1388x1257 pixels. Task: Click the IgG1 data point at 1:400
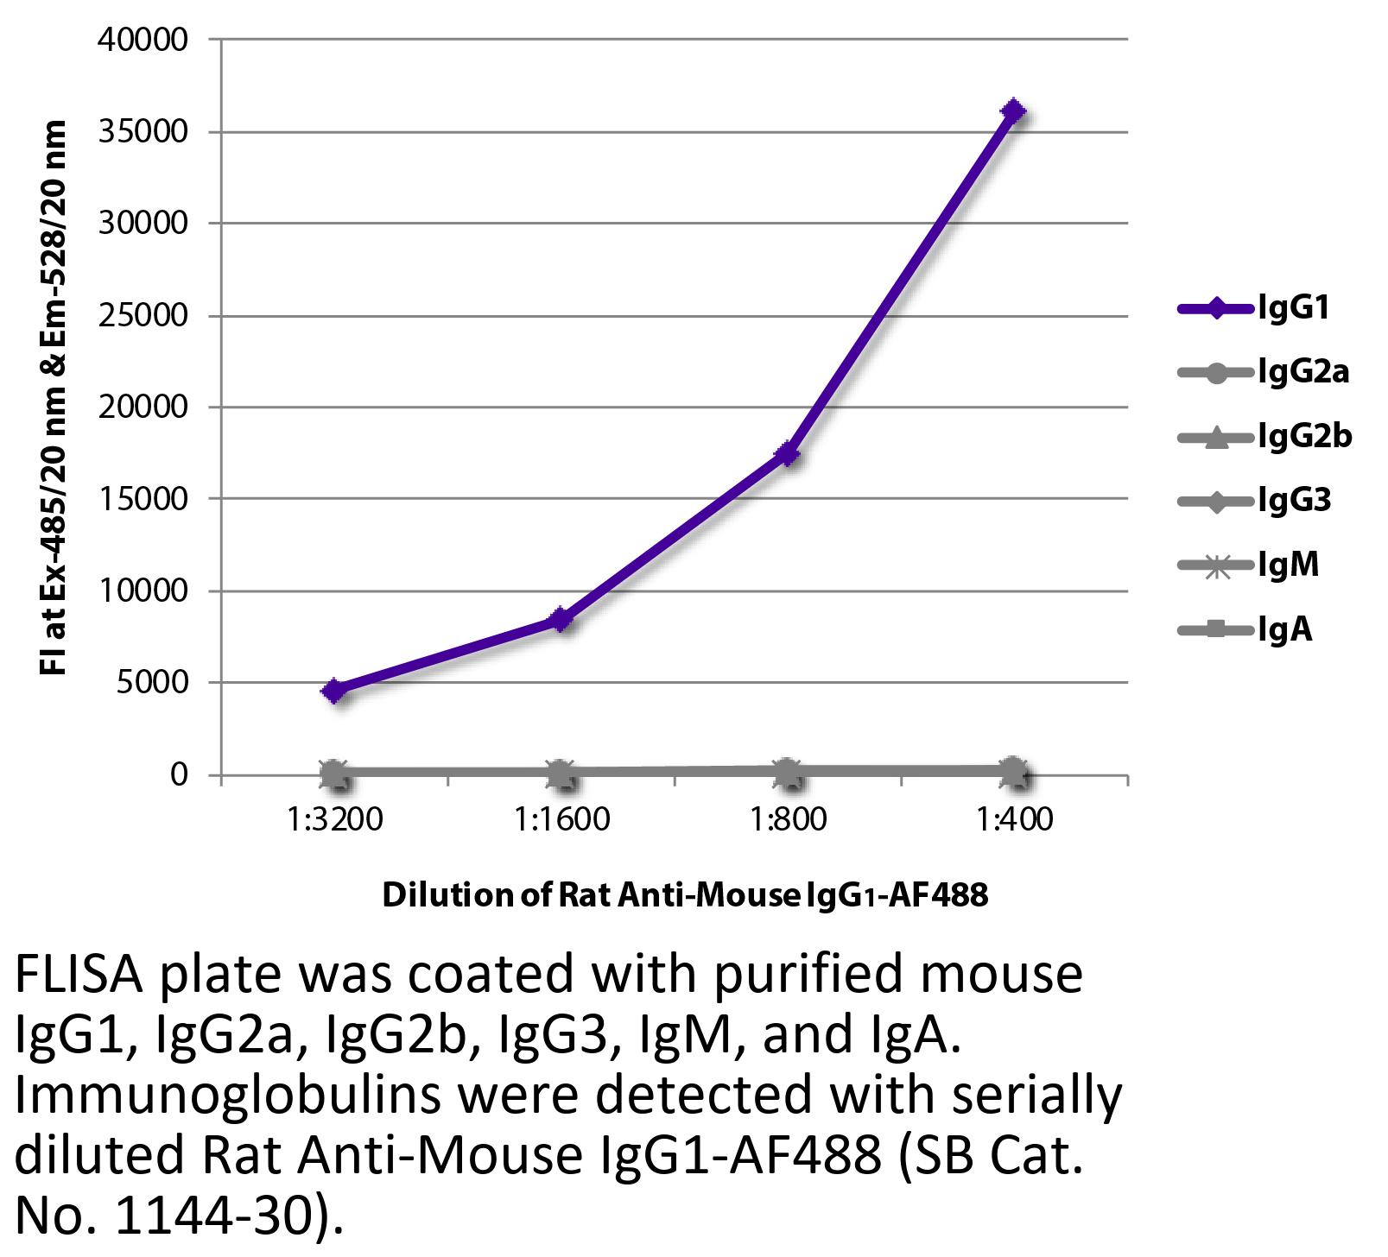coord(1013,111)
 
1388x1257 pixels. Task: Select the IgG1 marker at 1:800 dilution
coord(787,453)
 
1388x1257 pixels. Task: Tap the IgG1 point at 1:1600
coord(561,619)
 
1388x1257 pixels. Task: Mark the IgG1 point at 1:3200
coord(334,691)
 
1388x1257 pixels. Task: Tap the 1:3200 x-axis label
coord(334,818)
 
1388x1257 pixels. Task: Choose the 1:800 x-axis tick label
coord(787,818)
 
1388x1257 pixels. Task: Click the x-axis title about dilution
coord(684,895)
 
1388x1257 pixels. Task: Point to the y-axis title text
coord(54,399)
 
